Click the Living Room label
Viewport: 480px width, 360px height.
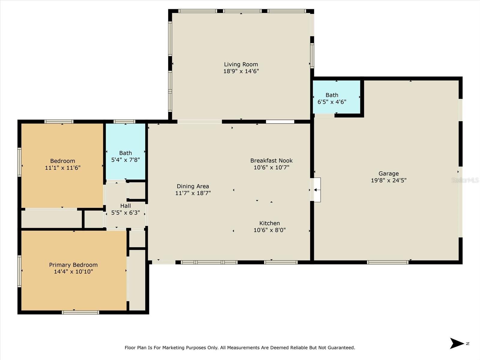[241, 64]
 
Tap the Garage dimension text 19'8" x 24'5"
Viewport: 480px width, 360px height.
[388, 180]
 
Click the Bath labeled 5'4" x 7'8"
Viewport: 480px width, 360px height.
[125, 156]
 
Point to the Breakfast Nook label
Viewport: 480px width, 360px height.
[271, 160]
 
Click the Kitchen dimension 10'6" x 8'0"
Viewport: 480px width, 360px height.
[269, 230]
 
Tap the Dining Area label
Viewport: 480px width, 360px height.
[193, 186]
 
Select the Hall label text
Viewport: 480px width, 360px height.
[125, 206]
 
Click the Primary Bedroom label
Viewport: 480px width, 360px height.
[73, 265]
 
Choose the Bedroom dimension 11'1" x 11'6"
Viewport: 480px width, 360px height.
[63, 168]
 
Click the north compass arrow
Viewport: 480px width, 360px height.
[457, 343]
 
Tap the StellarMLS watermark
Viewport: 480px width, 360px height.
[465, 180]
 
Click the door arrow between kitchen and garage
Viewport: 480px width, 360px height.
[316, 190]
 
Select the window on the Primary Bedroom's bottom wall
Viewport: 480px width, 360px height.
[80, 312]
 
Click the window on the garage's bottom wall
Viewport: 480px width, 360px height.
[387, 262]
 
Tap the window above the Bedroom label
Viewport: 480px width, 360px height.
[59, 121]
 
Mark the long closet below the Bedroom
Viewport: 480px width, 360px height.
[52, 219]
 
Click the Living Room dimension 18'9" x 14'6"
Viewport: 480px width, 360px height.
[241, 71]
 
